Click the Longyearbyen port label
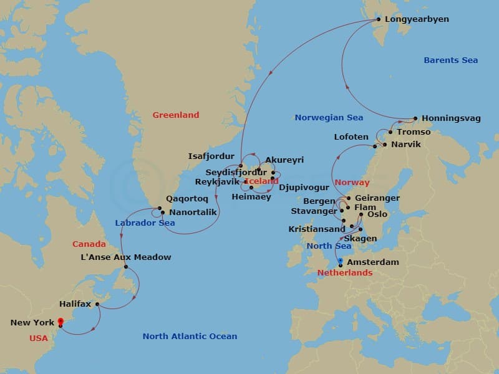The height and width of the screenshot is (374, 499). coord(417,19)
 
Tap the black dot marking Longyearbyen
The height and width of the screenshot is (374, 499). coord(377,20)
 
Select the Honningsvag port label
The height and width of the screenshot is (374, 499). coord(451,118)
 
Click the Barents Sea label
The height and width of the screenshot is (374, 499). coord(450,60)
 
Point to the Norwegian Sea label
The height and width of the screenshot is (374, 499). coord(329,117)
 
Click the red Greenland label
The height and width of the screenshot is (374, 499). coord(176,115)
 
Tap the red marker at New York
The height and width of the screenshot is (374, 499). coord(61,321)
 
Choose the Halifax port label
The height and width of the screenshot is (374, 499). coord(75,304)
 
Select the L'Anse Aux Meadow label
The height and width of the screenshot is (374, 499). coord(126,257)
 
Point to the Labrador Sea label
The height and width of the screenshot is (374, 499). coord(145,223)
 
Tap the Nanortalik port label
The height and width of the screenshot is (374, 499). coord(193,213)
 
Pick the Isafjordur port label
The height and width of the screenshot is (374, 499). coord(211,156)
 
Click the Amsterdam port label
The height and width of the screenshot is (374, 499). coord(372,262)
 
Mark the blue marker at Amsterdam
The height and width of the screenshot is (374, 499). coord(340,262)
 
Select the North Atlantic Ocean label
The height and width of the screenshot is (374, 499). coord(190,336)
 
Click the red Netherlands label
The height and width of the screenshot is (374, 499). coord(344,272)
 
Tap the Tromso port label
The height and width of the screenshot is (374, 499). coord(414,132)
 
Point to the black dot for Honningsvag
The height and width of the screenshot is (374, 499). coord(415,118)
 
